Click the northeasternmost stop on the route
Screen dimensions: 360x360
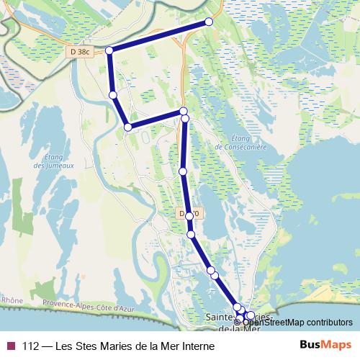pyautogui.click(x=210, y=22)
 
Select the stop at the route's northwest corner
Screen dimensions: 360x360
pyautogui.click(x=109, y=50)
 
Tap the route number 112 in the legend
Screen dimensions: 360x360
pyautogui.click(x=31, y=346)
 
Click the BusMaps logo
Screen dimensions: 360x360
pyautogui.click(x=325, y=346)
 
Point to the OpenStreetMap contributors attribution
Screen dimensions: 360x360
pyautogui.click(x=302, y=322)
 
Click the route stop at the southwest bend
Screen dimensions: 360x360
pyautogui.click(x=128, y=127)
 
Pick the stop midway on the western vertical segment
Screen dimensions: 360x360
pyautogui.click(x=112, y=94)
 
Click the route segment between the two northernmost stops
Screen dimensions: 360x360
pyautogui.click(x=159, y=36)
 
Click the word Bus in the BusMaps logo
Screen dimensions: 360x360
pyautogui.click(x=310, y=346)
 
